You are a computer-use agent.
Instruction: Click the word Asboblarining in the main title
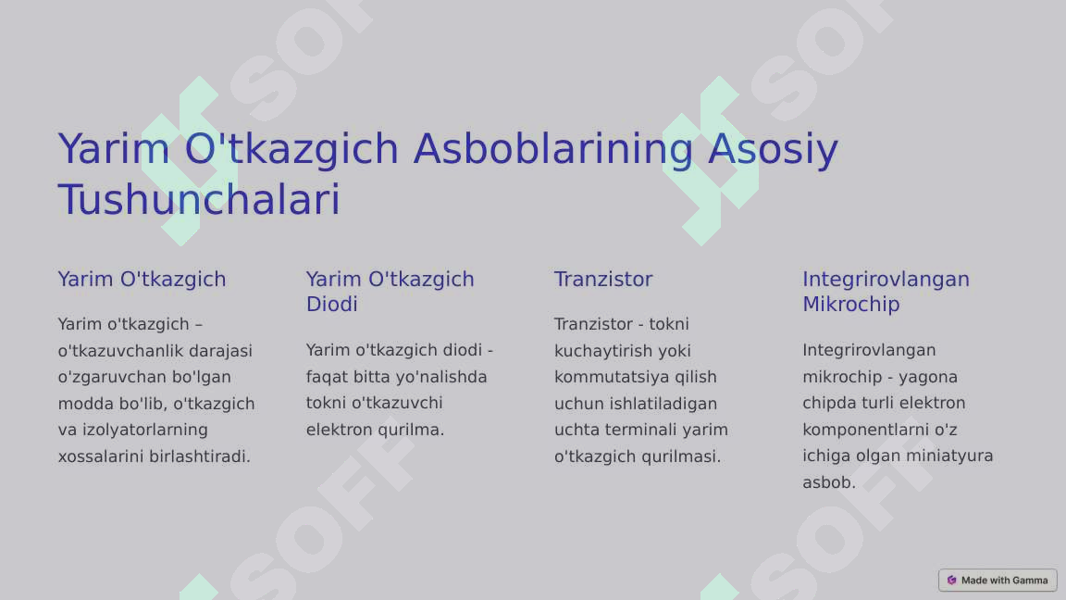552,149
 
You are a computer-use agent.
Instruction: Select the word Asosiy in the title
773,149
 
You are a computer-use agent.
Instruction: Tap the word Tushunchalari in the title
199,200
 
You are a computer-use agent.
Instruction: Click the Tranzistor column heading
603,280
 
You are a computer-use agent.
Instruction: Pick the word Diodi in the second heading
331,305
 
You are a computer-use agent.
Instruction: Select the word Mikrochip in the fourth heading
850,305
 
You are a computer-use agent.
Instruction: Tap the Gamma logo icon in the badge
951,581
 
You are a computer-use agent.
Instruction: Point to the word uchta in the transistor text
576,430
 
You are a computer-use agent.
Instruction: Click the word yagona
927,377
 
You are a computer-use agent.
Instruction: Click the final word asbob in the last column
827,482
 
